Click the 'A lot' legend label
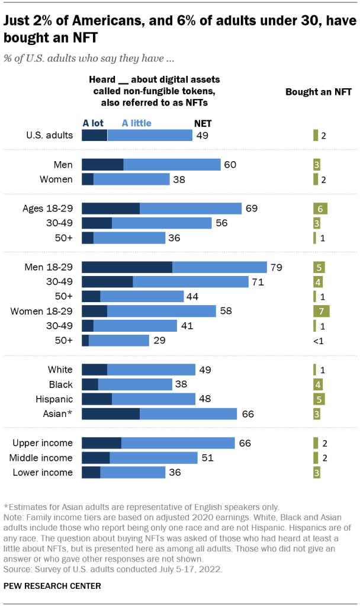[94, 123]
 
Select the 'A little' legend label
[136, 123]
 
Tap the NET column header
[203, 123]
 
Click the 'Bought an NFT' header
[319, 92]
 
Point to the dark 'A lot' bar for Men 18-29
[127, 267]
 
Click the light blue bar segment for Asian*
[188, 414]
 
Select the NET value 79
[277, 267]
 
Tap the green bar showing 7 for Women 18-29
[321, 310]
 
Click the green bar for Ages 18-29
[320, 209]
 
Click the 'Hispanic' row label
[56, 399]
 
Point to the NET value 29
[159, 340]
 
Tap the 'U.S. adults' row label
[49, 135]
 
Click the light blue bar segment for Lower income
[133, 472]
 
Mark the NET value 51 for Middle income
[207, 458]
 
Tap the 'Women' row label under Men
[56, 179]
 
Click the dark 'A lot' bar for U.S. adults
[94, 135]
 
